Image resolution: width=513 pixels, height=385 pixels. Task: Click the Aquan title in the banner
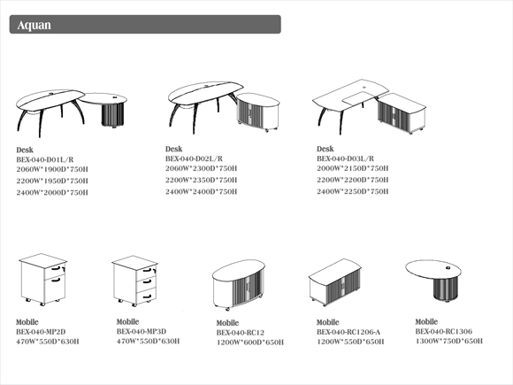(x=34, y=25)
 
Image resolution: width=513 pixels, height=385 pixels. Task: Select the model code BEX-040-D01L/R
(x=45, y=160)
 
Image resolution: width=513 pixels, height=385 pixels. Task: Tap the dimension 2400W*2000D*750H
(x=52, y=193)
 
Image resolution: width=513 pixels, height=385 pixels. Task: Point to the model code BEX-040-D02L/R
(x=194, y=158)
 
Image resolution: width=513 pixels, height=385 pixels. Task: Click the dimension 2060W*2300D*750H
(x=201, y=168)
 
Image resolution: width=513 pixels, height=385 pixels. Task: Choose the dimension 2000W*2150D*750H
(x=352, y=168)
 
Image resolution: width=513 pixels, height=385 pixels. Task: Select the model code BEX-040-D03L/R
(x=345, y=158)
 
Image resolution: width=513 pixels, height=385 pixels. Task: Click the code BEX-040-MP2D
(x=41, y=332)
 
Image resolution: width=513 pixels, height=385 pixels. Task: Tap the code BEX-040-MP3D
(x=142, y=331)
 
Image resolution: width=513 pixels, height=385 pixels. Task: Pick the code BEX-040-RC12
(x=241, y=333)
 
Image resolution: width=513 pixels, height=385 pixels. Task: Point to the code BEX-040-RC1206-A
(x=348, y=332)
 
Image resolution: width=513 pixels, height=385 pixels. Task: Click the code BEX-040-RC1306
(x=444, y=331)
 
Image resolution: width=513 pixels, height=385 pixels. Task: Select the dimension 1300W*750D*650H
(x=449, y=341)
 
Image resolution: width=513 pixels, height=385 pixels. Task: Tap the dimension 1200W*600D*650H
(x=250, y=343)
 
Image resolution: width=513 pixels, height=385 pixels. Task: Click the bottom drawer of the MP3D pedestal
(x=146, y=296)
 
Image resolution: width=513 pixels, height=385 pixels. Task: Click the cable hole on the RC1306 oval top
(x=448, y=268)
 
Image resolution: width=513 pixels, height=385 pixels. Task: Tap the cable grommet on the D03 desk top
(x=364, y=88)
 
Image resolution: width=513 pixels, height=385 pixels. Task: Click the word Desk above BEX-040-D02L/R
(x=173, y=149)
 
